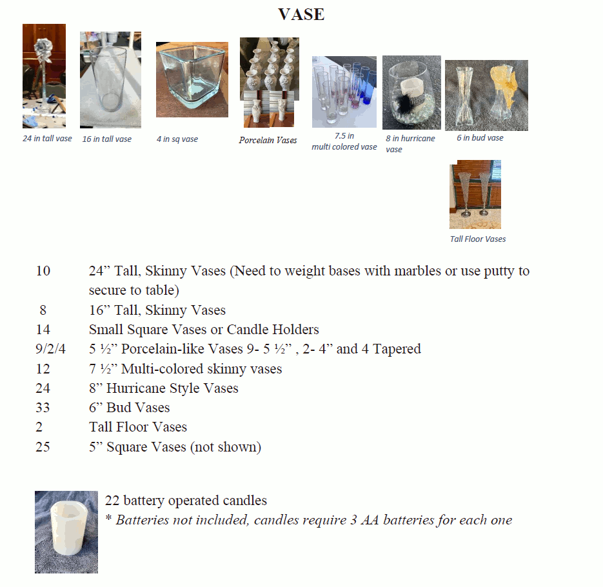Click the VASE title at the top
coord(301,14)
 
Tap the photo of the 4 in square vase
coord(192,79)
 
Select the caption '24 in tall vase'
coord(47,139)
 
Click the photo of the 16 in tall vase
coord(110,80)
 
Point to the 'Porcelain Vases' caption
coord(268,140)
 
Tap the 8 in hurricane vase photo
coord(411,92)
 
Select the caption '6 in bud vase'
coord(480,137)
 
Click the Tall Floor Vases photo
coord(475,194)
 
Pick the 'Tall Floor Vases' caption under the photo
coord(477,239)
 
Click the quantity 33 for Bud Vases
coord(43,408)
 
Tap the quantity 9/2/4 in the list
coord(50,349)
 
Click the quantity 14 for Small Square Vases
coord(43,330)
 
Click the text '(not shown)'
coord(225,447)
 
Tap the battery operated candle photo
coord(66,532)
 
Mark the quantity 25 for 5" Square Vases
coord(43,447)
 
